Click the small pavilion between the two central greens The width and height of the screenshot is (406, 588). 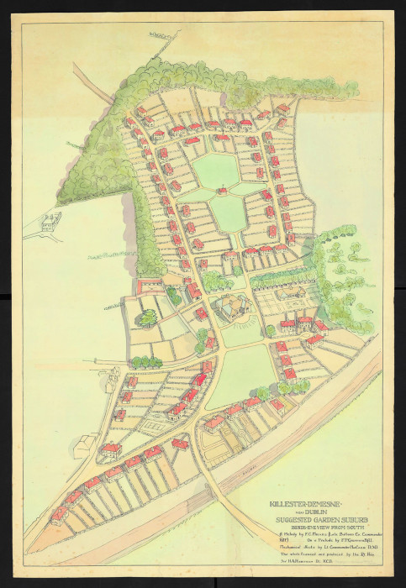click(x=222, y=191)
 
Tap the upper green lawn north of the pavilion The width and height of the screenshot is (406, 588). click(x=217, y=171)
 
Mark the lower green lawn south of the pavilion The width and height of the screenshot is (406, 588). click(x=228, y=213)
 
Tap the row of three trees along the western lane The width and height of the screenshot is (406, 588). click(x=146, y=361)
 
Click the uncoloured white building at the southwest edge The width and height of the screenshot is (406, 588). click(x=83, y=446)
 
